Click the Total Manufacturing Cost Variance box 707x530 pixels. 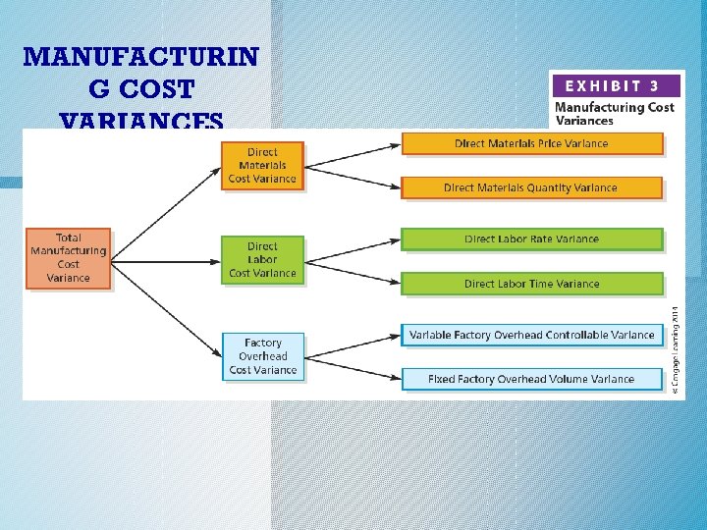pyautogui.click(x=69, y=258)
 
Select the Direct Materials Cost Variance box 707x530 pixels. pyautogui.click(x=262, y=165)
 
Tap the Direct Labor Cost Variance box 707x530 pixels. pyautogui.click(x=262, y=260)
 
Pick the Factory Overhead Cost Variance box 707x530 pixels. pyautogui.click(x=262, y=356)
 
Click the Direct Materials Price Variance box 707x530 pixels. pyautogui.click(x=532, y=143)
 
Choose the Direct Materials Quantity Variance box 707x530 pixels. pyautogui.click(x=532, y=187)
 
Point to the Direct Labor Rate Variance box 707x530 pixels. pyautogui.click(x=532, y=238)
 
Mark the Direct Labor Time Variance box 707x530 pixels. pyautogui.click(x=532, y=284)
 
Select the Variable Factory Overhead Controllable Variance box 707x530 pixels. pyautogui.click(x=532, y=335)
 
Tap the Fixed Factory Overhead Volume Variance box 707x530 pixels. pyautogui.click(x=532, y=379)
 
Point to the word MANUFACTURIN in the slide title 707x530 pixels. pyautogui.click(x=140, y=57)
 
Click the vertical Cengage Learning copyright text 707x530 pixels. pyautogui.click(x=675, y=348)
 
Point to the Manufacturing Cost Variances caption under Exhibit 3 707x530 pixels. pyautogui.click(x=615, y=114)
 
